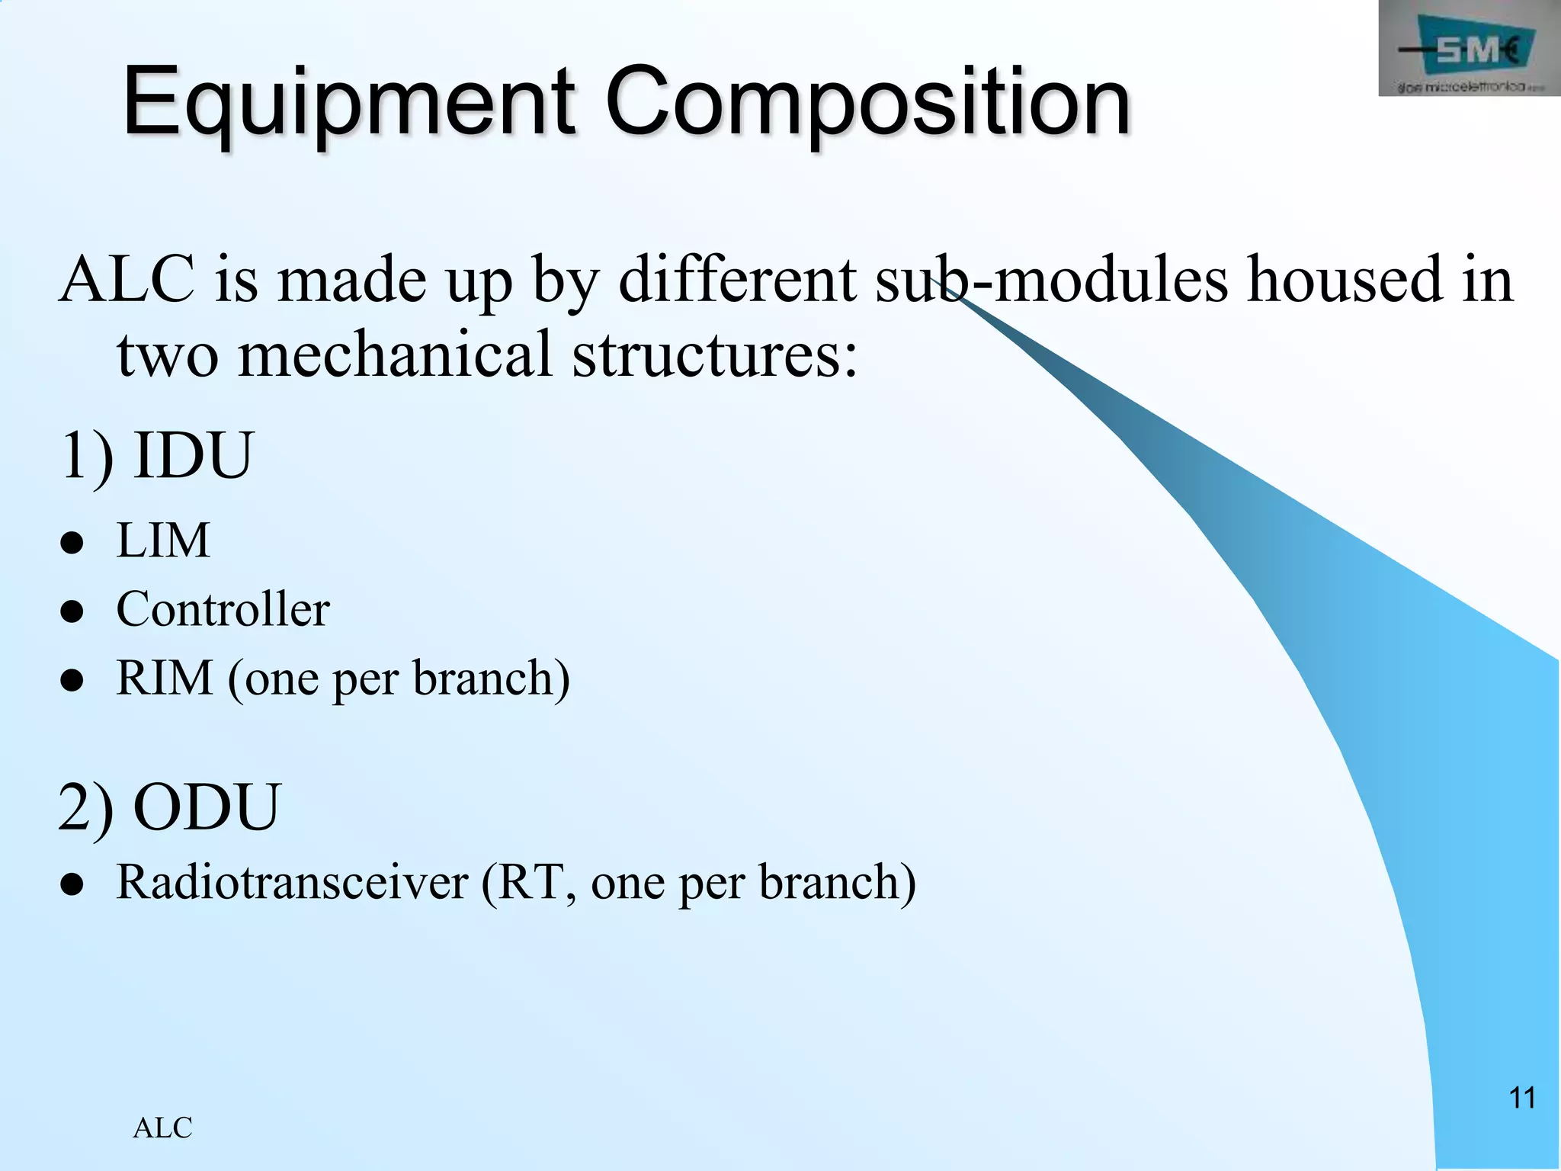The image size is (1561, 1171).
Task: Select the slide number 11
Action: tap(1522, 1099)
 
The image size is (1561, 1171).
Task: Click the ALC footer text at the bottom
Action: tap(162, 1128)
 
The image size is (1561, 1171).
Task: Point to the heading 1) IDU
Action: tap(155, 455)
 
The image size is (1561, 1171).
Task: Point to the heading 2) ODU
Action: tap(169, 807)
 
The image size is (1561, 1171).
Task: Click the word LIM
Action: tap(162, 541)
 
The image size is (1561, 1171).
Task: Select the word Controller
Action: tap(223, 609)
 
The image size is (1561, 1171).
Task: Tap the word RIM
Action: tap(164, 677)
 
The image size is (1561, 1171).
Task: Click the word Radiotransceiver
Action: tap(292, 882)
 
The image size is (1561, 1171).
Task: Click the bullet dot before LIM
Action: tap(72, 544)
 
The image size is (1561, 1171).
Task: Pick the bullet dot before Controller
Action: tap(72, 612)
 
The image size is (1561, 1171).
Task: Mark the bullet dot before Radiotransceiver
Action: tap(72, 885)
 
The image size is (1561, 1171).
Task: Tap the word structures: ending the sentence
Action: tap(714, 355)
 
